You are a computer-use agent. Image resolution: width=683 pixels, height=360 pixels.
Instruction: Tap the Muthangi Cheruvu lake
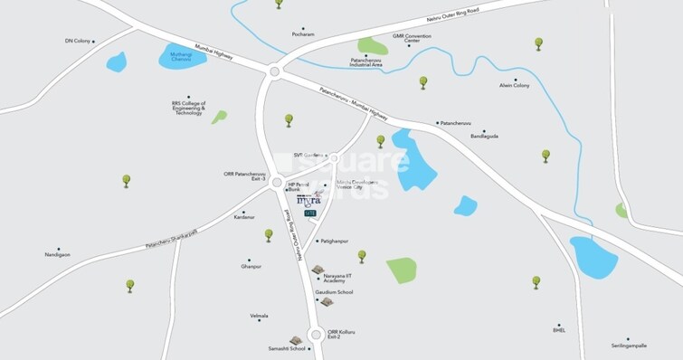pos(181,56)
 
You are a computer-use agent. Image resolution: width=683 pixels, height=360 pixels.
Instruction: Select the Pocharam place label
pos(304,35)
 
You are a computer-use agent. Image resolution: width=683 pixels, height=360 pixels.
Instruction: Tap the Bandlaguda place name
pos(484,137)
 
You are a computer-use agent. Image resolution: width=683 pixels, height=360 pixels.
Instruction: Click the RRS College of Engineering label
pos(188,108)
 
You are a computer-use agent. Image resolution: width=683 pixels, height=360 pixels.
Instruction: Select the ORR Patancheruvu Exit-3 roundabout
pos(277,182)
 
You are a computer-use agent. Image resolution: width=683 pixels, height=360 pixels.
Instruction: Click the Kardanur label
pos(244,217)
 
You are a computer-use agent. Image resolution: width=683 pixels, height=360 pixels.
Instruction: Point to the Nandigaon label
pos(57,255)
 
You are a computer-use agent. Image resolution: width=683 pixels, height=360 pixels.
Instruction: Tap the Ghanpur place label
pos(251,266)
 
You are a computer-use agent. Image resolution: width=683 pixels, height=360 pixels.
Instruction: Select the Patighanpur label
pos(334,242)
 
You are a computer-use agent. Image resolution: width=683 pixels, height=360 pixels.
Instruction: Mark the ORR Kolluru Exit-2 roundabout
pos(316,335)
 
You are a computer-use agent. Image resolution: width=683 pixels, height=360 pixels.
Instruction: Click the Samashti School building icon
pos(295,340)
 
